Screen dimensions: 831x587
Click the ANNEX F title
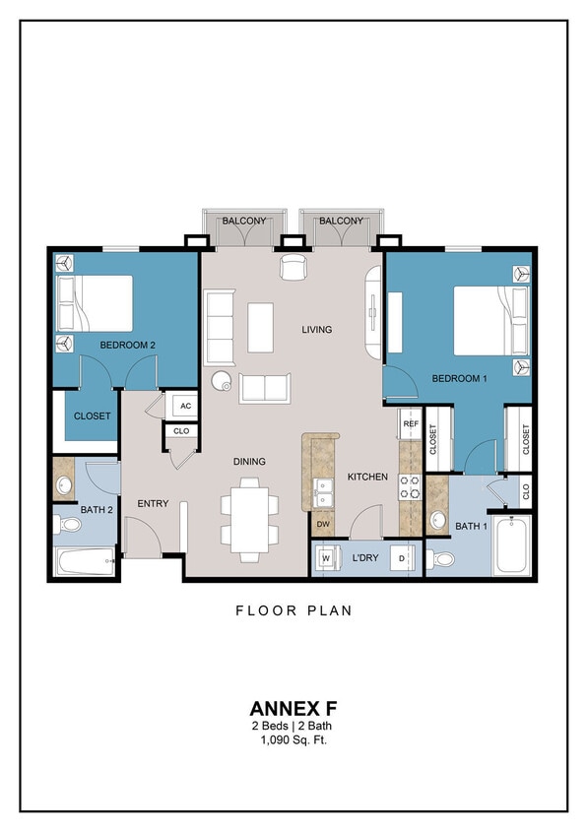coord(293,708)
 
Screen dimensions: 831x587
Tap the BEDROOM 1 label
coord(460,379)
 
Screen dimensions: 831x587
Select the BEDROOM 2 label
coord(128,345)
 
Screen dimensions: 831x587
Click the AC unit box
coord(185,405)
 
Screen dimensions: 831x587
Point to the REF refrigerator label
coord(411,424)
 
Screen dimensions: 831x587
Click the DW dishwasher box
coord(322,523)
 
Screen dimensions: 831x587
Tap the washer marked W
coord(325,559)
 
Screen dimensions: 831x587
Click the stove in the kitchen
coord(410,487)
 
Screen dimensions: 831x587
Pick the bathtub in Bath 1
coord(511,546)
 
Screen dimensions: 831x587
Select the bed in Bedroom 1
coord(483,319)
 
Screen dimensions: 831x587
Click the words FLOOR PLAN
coord(293,610)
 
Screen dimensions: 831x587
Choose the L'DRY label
coord(365,559)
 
